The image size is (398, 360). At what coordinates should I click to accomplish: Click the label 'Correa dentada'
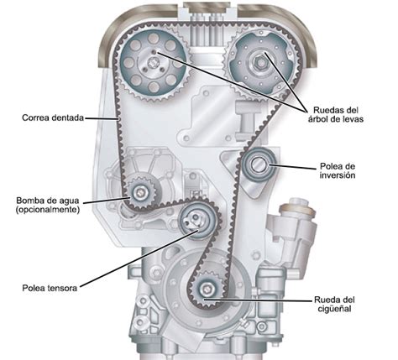(x=53, y=117)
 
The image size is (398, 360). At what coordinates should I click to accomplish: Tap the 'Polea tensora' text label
(x=50, y=288)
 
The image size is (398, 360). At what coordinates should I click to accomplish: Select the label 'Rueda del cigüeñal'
(x=334, y=305)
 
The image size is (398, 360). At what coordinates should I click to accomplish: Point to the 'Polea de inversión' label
(x=338, y=170)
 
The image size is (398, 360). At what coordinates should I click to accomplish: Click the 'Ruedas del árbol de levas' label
(x=336, y=114)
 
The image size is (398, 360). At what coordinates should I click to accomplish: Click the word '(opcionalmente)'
(x=48, y=209)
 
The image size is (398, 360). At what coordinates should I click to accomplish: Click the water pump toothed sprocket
(x=140, y=192)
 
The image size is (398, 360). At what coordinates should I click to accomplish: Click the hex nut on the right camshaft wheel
(x=260, y=63)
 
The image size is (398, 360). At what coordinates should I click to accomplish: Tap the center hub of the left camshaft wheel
(x=153, y=63)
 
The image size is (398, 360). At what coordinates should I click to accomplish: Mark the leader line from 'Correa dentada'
(x=102, y=118)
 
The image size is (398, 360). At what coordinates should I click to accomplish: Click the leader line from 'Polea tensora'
(x=139, y=258)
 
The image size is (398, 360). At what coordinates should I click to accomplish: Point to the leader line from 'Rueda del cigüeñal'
(x=258, y=300)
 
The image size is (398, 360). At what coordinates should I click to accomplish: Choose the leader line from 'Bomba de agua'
(x=107, y=200)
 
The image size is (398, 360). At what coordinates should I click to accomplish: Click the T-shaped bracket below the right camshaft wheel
(x=248, y=121)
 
